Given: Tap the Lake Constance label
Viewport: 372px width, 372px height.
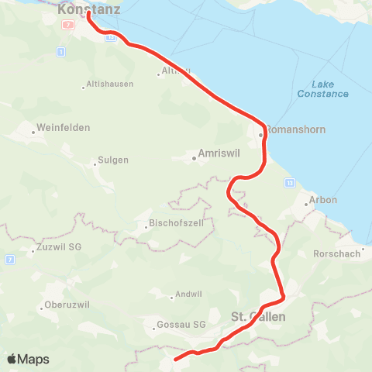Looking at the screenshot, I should pos(322,89).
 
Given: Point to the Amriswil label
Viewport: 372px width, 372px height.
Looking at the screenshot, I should pos(219,153).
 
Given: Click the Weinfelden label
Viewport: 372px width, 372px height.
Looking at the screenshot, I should pos(64,127).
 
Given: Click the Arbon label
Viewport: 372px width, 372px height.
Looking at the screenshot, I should pos(323,199).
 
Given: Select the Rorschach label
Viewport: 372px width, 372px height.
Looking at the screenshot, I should pos(336,254).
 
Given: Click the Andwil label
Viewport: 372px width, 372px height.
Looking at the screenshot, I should pos(189,294).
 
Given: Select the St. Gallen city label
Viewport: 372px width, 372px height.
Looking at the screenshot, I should pos(258,317).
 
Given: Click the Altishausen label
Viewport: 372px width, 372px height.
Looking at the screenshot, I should pos(110,84).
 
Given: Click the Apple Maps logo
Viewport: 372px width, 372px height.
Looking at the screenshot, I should pos(28,360).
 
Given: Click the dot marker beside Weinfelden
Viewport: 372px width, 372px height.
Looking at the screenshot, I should pos(33,132).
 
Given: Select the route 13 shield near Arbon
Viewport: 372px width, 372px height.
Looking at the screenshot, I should pos(289,182).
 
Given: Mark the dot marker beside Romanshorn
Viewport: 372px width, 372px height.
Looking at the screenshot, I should pos(262,133).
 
